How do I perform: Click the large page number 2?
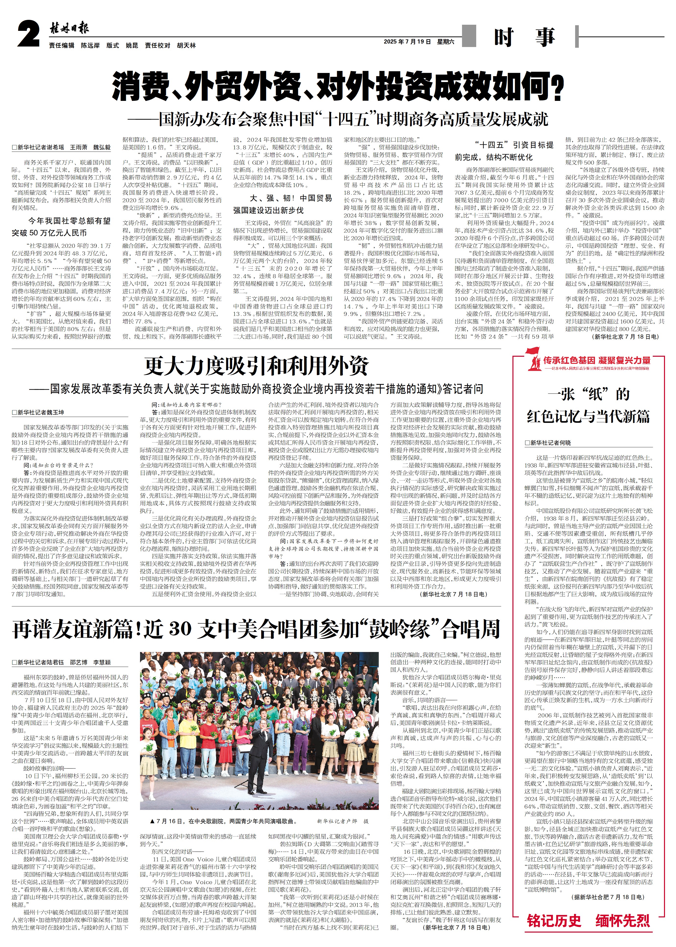pyautogui.click(x=28, y=34)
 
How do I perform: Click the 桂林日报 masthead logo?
pyautogui.click(x=69, y=29)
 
